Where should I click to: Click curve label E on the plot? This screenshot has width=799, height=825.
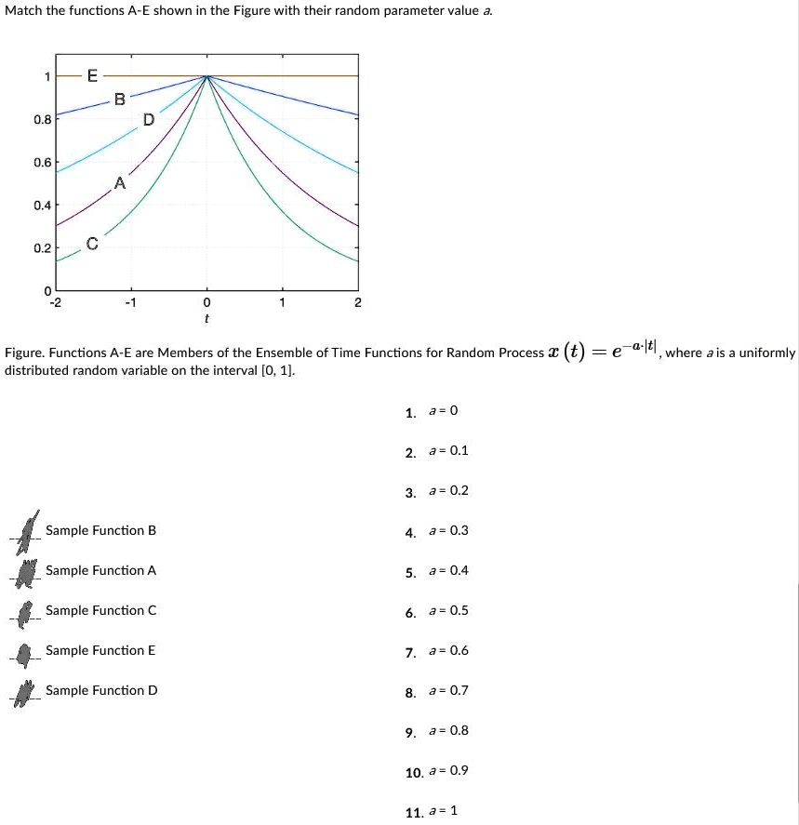point(91,76)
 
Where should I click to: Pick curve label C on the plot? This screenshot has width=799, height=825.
point(91,244)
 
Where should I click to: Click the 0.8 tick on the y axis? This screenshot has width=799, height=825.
point(41,119)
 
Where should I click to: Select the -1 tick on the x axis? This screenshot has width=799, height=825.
point(130,303)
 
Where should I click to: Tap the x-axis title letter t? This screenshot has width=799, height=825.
point(206,318)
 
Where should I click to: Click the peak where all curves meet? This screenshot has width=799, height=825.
point(206,76)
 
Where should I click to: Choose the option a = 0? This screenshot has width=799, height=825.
point(443,411)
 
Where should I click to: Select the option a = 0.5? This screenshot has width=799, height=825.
point(448,611)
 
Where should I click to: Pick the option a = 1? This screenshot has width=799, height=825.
point(443,811)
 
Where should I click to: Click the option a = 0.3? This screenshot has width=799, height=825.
point(448,531)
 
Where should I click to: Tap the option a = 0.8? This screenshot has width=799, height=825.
point(448,730)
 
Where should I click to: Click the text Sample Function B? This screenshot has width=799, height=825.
point(100,530)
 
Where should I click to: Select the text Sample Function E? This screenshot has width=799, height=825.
point(100,650)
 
